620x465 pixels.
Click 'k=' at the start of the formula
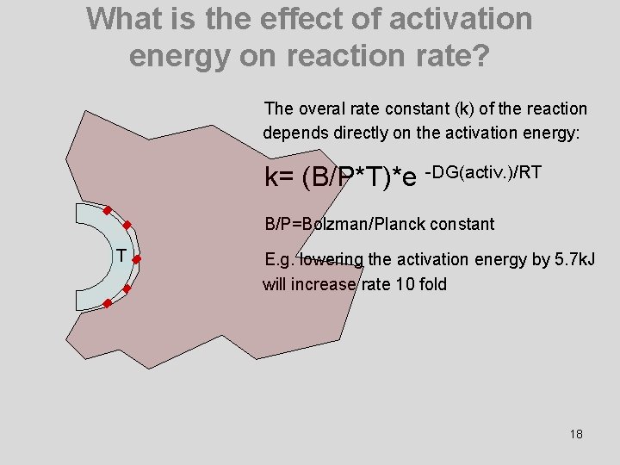(x=281, y=177)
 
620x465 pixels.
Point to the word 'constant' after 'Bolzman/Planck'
(x=466, y=225)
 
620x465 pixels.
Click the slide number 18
(x=576, y=434)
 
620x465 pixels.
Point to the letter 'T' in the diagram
(x=121, y=256)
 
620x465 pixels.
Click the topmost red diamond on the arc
(x=106, y=210)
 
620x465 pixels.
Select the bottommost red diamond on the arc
(x=106, y=304)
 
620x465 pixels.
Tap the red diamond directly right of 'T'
(x=137, y=257)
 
